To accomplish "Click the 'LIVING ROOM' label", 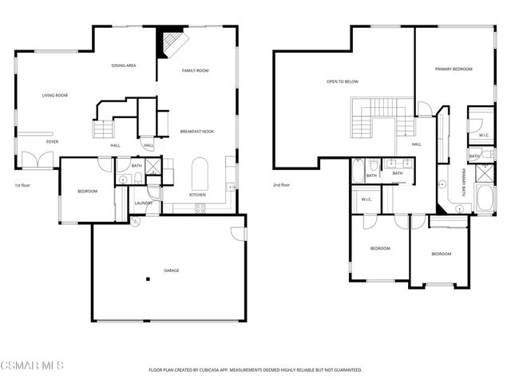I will pyautogui.click(x=54, y=96).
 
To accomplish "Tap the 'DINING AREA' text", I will pyautogui.click(x=123, y=65).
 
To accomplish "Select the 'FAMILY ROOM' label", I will pyautogui.click(x=195, y=71).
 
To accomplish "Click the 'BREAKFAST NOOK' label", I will pyautogui.click(x=196, y=131).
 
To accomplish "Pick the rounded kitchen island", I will pyautogui.click(x=200, y=171).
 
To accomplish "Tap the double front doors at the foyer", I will pyautogui.click(x=36, y=160).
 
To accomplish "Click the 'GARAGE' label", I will pyautogui.click(x=171, y=270).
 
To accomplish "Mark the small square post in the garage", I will pyautogui.click(x=147, y=278).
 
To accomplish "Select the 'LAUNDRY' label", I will pyautogui.click(x=143, y=203).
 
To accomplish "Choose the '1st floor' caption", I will pyautogui.click(x=22, y=185).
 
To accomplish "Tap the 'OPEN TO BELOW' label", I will pyautogui.click(x=342, y=81).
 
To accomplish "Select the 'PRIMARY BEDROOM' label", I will pyautogui.click(x=454, y=69).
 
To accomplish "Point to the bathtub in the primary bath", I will pyautogui.click(x=483, y=199).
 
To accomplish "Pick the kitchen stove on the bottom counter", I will pyautogui.click(x=199, y=207).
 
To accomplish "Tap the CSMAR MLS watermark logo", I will pyautogui.click(x=32, y=365).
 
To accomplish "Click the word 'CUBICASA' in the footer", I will pyautogui.click(x=233, y=370).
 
